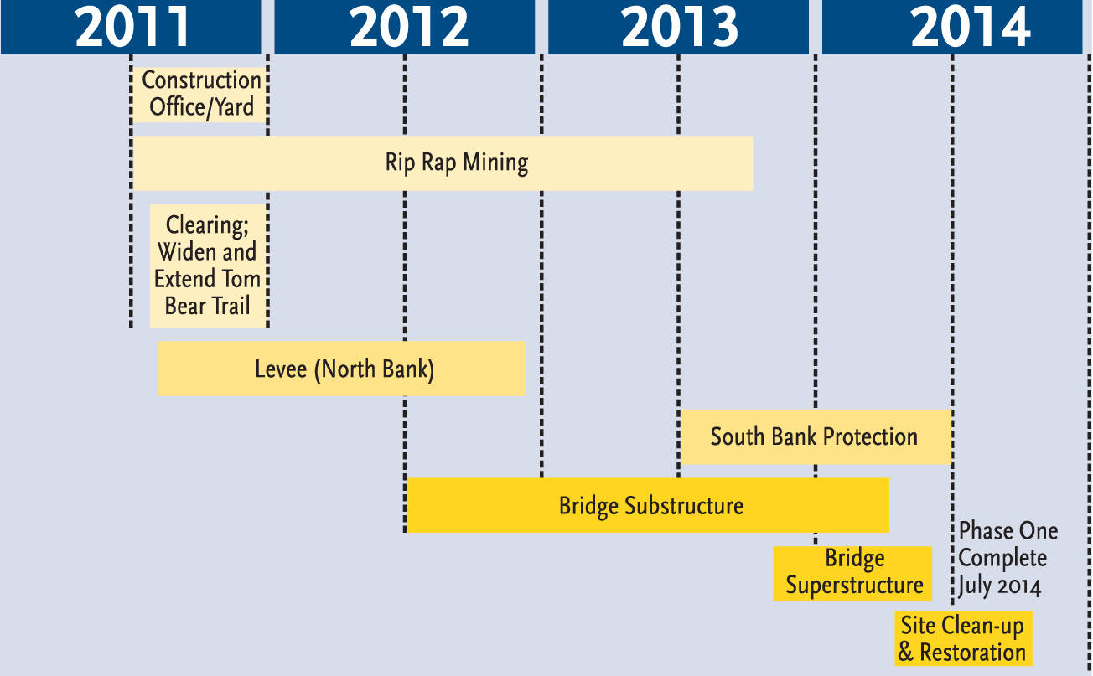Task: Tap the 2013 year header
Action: pos(679,27)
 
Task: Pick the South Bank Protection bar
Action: pos(816,436)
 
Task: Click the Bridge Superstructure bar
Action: pos(852,573)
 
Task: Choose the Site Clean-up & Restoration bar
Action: pos(962,639)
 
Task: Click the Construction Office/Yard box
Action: pos(200,94)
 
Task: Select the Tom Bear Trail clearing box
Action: pos(208,265)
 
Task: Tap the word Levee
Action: pos(281,369)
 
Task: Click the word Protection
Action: pos(869,436)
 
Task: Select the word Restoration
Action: pos(972,653)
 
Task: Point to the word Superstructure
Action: pos(854,586)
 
